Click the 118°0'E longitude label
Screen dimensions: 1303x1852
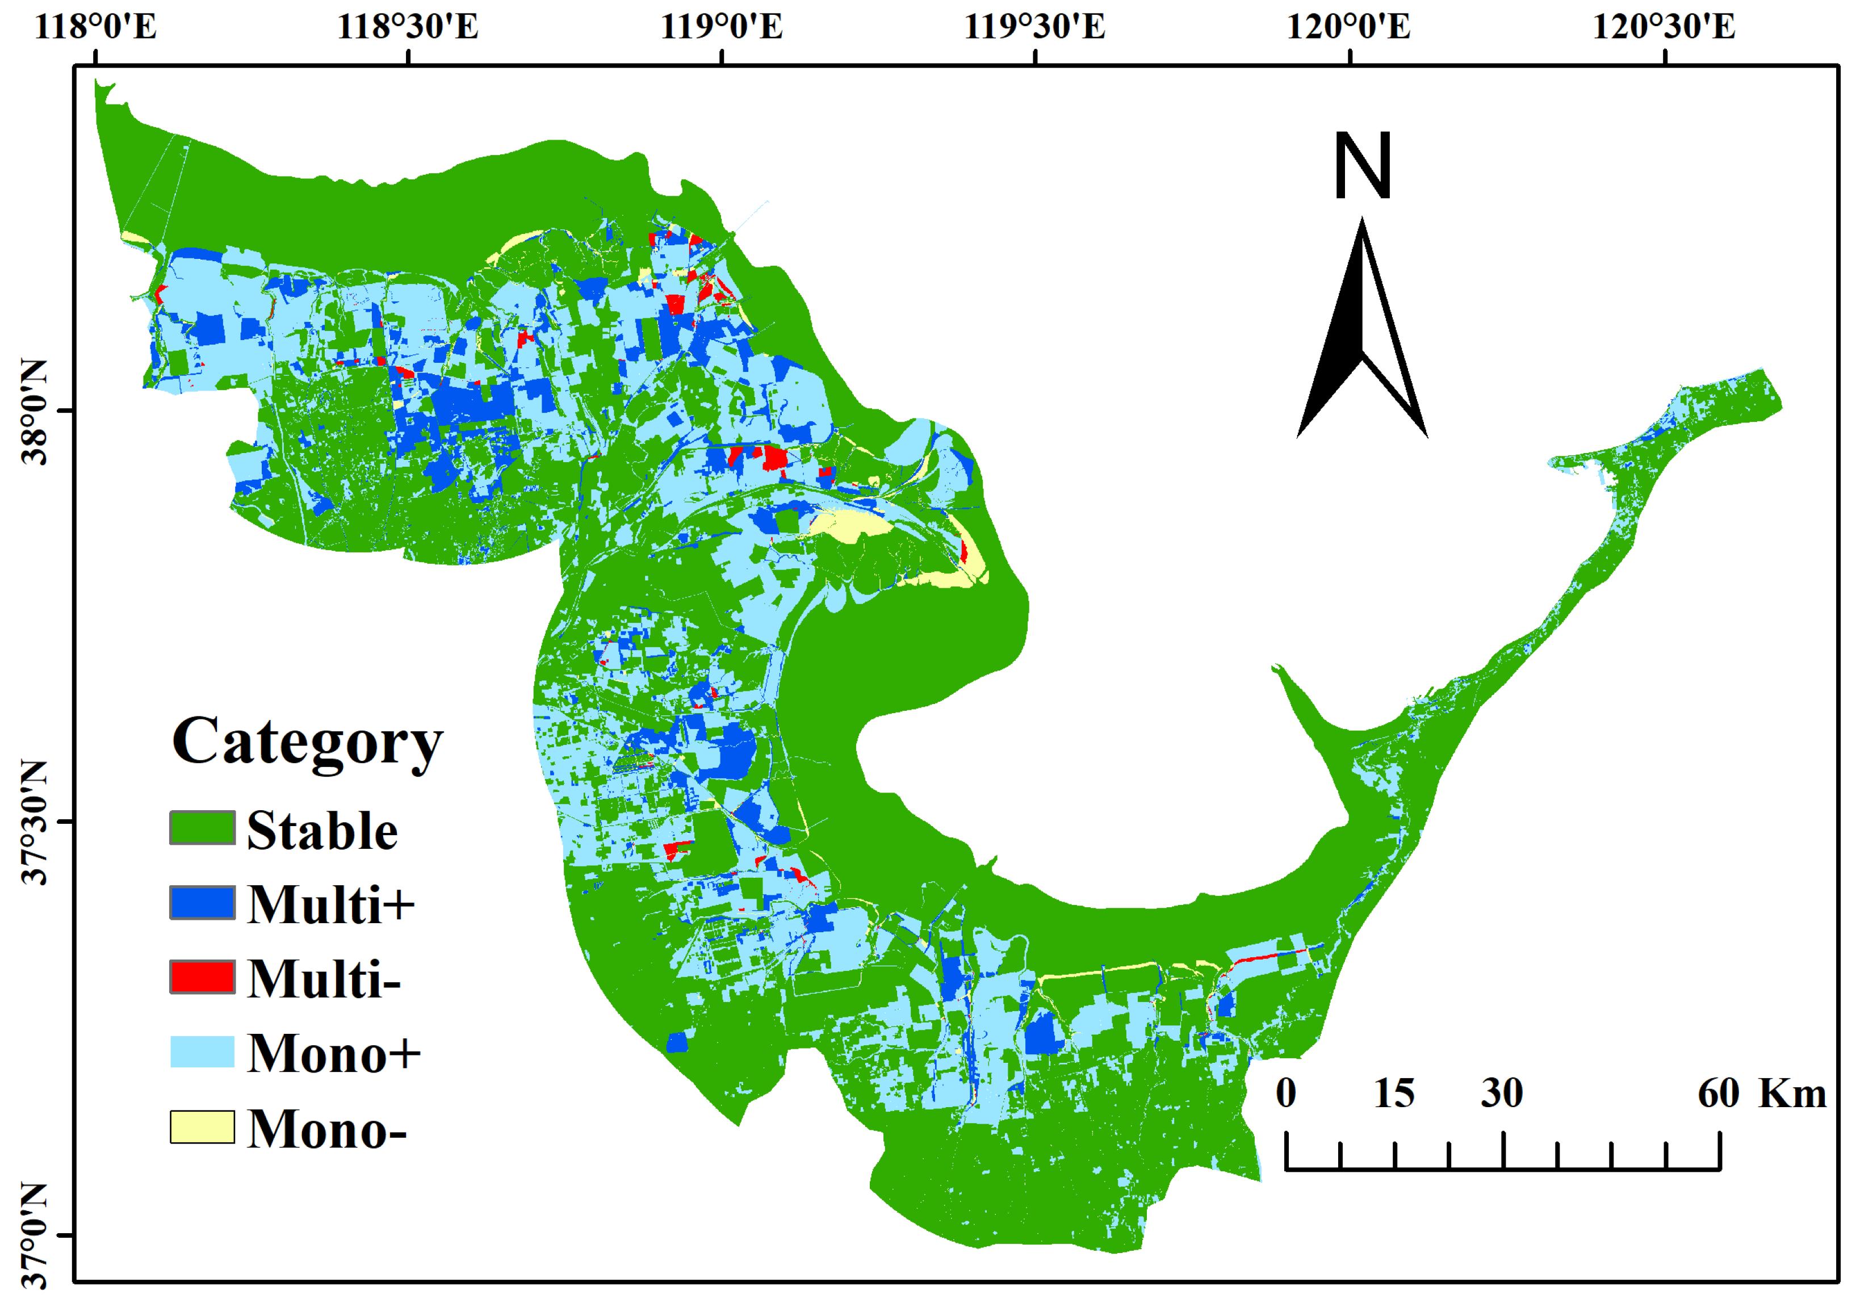pyautogui.click(x=95, y=27)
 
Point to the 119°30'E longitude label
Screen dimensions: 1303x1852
pyautogui.click(x=1035, y=27)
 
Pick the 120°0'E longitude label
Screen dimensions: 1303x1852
pyautogui.click(x=1348, y=27)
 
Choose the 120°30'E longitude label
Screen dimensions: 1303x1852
pyautogui.click(x=1664, y=27)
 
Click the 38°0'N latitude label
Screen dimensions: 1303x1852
pyautogui.click(x=34, y=412)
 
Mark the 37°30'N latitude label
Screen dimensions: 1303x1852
pyautogui.click(x=34, y=822)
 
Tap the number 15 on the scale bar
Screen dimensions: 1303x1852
pyautogui.click(x=1394, y=1093)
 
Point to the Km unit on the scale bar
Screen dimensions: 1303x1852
pyautogui.click(x=1792, y=1093)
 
